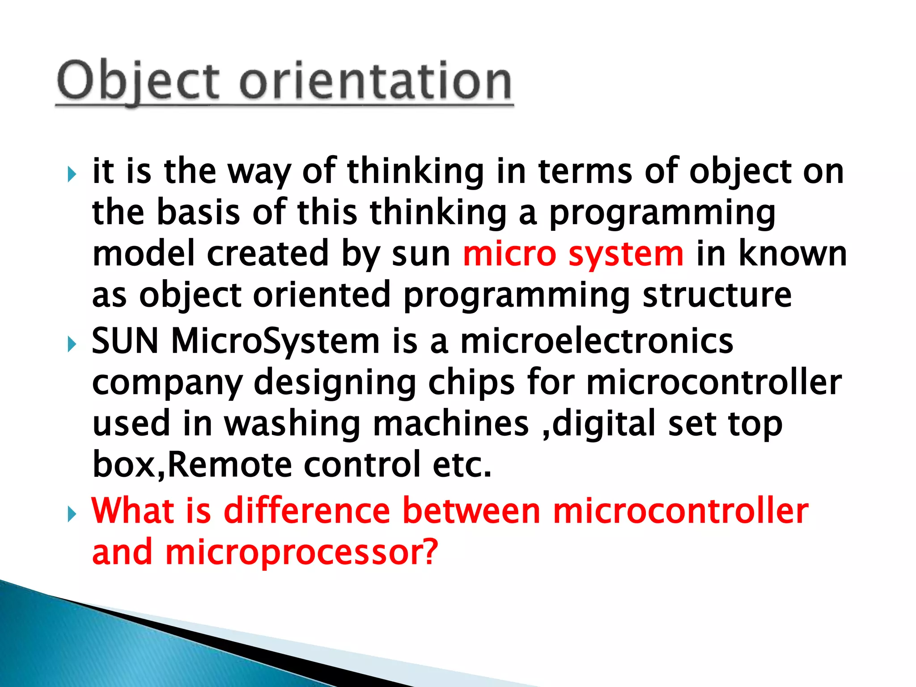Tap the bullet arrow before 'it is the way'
click(x=72, y=174)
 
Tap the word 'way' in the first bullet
click(x=259, y=172)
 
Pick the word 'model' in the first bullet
click(x=143, y=254)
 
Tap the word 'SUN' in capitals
click(x=125, y=341)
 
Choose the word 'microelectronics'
click(x=597, y=341)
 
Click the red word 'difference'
click(x=307, y=511)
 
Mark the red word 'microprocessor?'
click(x=301, y=553)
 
